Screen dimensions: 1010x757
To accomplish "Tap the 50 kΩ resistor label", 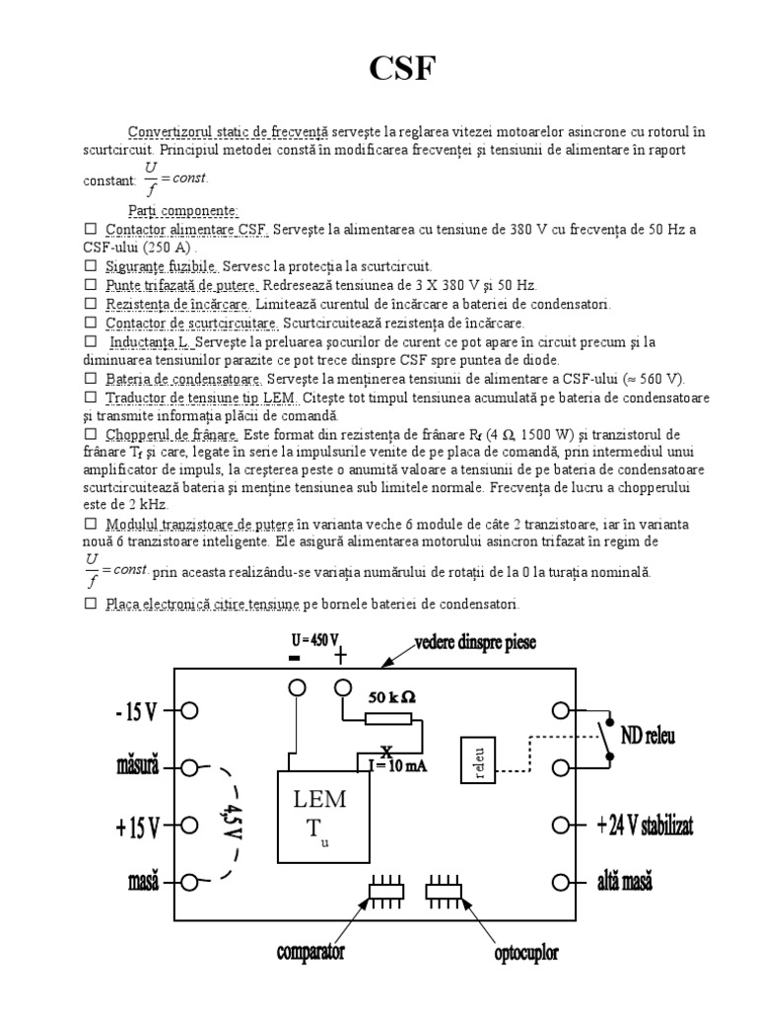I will (391, 696).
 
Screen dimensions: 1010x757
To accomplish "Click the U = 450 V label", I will (314, 639).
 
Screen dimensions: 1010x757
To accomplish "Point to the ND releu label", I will (648, 736).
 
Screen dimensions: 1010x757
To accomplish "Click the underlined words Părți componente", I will (182, 210).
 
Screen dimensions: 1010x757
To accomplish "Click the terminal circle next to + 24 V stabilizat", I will (562, 826).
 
